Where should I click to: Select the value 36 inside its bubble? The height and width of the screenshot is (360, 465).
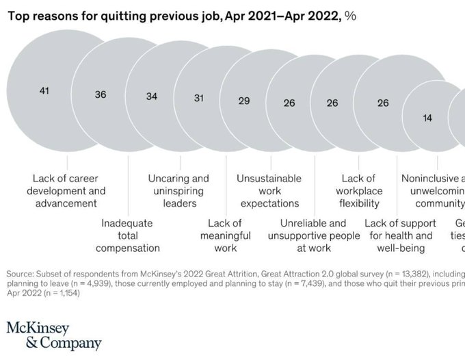tap(101, 94)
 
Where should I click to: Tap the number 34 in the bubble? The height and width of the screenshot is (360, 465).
tap(152, 97)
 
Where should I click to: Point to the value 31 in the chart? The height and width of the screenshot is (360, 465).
tap(199, 99)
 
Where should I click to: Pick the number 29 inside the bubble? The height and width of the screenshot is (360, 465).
tap(244, 101)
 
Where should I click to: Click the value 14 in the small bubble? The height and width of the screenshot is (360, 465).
tap(427, 118)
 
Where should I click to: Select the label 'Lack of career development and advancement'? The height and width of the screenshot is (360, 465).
tap(66, 191)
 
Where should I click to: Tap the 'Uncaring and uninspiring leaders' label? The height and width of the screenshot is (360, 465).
tap(178, 191)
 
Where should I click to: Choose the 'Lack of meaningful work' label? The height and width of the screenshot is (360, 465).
tap(225, 235)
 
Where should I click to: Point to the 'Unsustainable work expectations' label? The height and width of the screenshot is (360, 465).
tap(269, 191)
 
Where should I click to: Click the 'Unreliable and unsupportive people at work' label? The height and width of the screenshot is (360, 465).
tap(314, 235)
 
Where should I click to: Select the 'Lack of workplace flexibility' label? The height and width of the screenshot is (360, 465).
tap(359, 191)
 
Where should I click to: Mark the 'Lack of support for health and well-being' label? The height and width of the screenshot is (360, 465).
tap(401, 235)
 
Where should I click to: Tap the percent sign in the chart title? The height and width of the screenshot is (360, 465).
tap(351, 16)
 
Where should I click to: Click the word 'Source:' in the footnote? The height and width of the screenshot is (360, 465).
tap(21, 270)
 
